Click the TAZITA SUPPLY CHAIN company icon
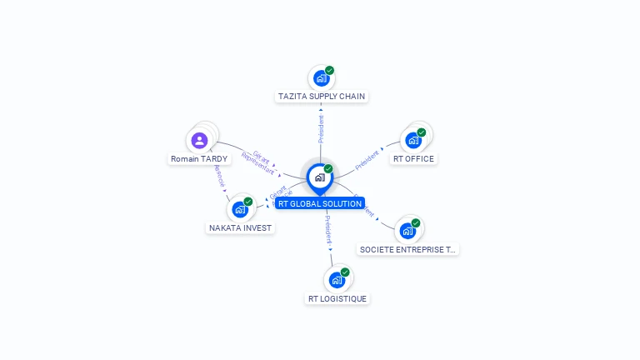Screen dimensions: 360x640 click(x=321, y=78)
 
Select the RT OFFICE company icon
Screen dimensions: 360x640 click(x=413, y=140)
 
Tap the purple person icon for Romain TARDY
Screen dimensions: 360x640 click(x=199, y=140)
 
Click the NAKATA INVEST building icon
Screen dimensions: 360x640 click(x=240, y=209)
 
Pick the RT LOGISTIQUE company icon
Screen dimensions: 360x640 click(x=337, y=280)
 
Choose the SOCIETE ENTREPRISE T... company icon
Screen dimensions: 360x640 click(x=407, y=231)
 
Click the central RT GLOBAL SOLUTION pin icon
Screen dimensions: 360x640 click(x=319, y=177)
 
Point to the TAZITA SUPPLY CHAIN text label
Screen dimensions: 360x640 click(x=321, y=97)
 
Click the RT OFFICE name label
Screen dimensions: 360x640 click(x=413, y=158)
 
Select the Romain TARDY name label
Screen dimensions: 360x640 click(x=199, y=158)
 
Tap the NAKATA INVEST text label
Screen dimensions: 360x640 click(x=240, y=227)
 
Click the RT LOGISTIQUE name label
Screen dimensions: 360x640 click(x=337, y=298)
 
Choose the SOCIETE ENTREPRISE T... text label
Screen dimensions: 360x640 click(x=407, y=249)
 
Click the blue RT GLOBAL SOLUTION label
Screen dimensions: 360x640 click(x=320, y=203)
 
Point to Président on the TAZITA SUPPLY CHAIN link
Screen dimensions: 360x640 click(x=321, y=129)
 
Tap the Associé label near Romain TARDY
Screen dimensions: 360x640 click(x=220, y=175)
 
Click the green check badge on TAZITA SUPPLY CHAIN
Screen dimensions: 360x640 click(x=330, y=71)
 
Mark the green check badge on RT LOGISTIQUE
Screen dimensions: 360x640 click(x=345, y=272)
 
